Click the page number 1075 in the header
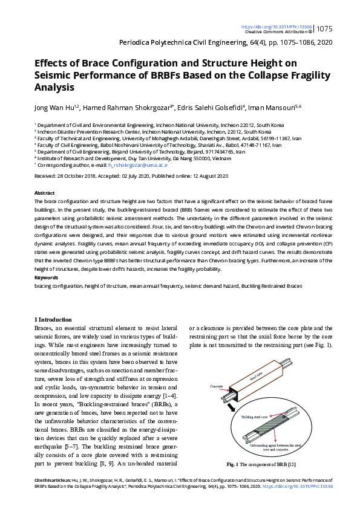325,28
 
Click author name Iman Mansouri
255,108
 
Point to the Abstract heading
45,192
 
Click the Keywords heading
46,278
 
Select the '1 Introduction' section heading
54,319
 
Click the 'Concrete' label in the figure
217,386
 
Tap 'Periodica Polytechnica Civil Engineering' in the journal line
172,43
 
